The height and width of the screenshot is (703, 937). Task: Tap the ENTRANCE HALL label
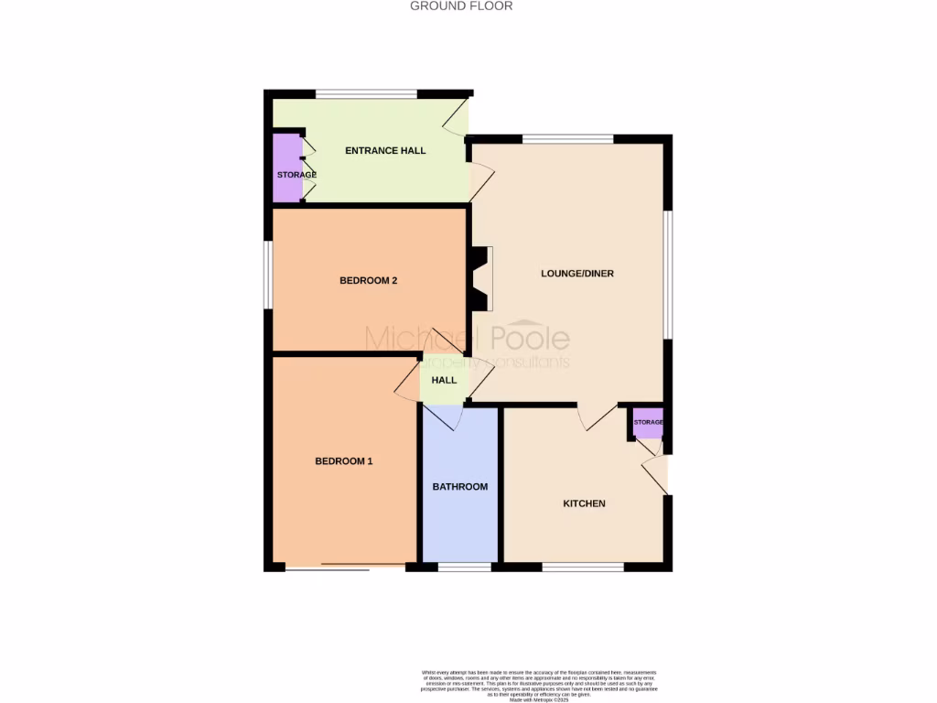click(x=385, y=150)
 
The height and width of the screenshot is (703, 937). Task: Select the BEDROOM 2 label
click(x=368, y=280)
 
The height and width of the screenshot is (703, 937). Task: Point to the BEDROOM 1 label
click(x=344, y=461)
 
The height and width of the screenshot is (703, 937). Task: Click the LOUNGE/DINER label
click(x=577, y=274)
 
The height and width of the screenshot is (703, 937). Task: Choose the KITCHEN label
click(x=584, y=503)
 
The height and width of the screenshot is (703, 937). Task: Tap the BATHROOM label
click(x=460, y=487)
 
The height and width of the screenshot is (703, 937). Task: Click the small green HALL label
click(x=445, y=380)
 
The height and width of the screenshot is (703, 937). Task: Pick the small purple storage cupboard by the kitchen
click(x=649, y=423)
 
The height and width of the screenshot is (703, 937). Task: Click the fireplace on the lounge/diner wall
click(x=481, y=279)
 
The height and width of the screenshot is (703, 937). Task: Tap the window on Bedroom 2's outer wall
click(x=267, y=274)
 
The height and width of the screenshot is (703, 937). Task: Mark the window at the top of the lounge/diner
click(x=567, y=139)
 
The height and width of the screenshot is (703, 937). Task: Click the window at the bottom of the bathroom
click(x=464, y=568)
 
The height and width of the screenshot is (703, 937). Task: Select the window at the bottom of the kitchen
click(x=583, y=568)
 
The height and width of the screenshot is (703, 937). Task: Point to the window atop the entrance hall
click(x=366, y=93)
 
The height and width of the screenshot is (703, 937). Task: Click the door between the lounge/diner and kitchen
click(x=597, y=417)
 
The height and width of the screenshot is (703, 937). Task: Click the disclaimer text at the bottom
click(x=539, y=685)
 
